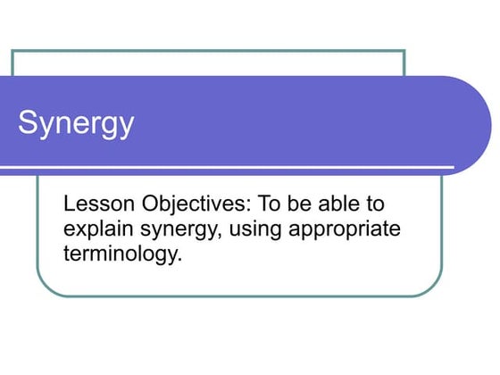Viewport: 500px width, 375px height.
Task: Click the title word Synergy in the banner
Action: tap(77, 123)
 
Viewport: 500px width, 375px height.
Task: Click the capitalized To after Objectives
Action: tap(271, 203)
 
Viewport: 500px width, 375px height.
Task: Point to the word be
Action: tap(304, 203)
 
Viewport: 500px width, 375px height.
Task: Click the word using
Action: tap(255, 229)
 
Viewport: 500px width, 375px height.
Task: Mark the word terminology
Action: tap(121, 254)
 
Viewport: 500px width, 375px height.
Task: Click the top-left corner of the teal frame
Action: tap(12, 51)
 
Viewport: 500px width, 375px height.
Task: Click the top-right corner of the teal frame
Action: tap(404, 51)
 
